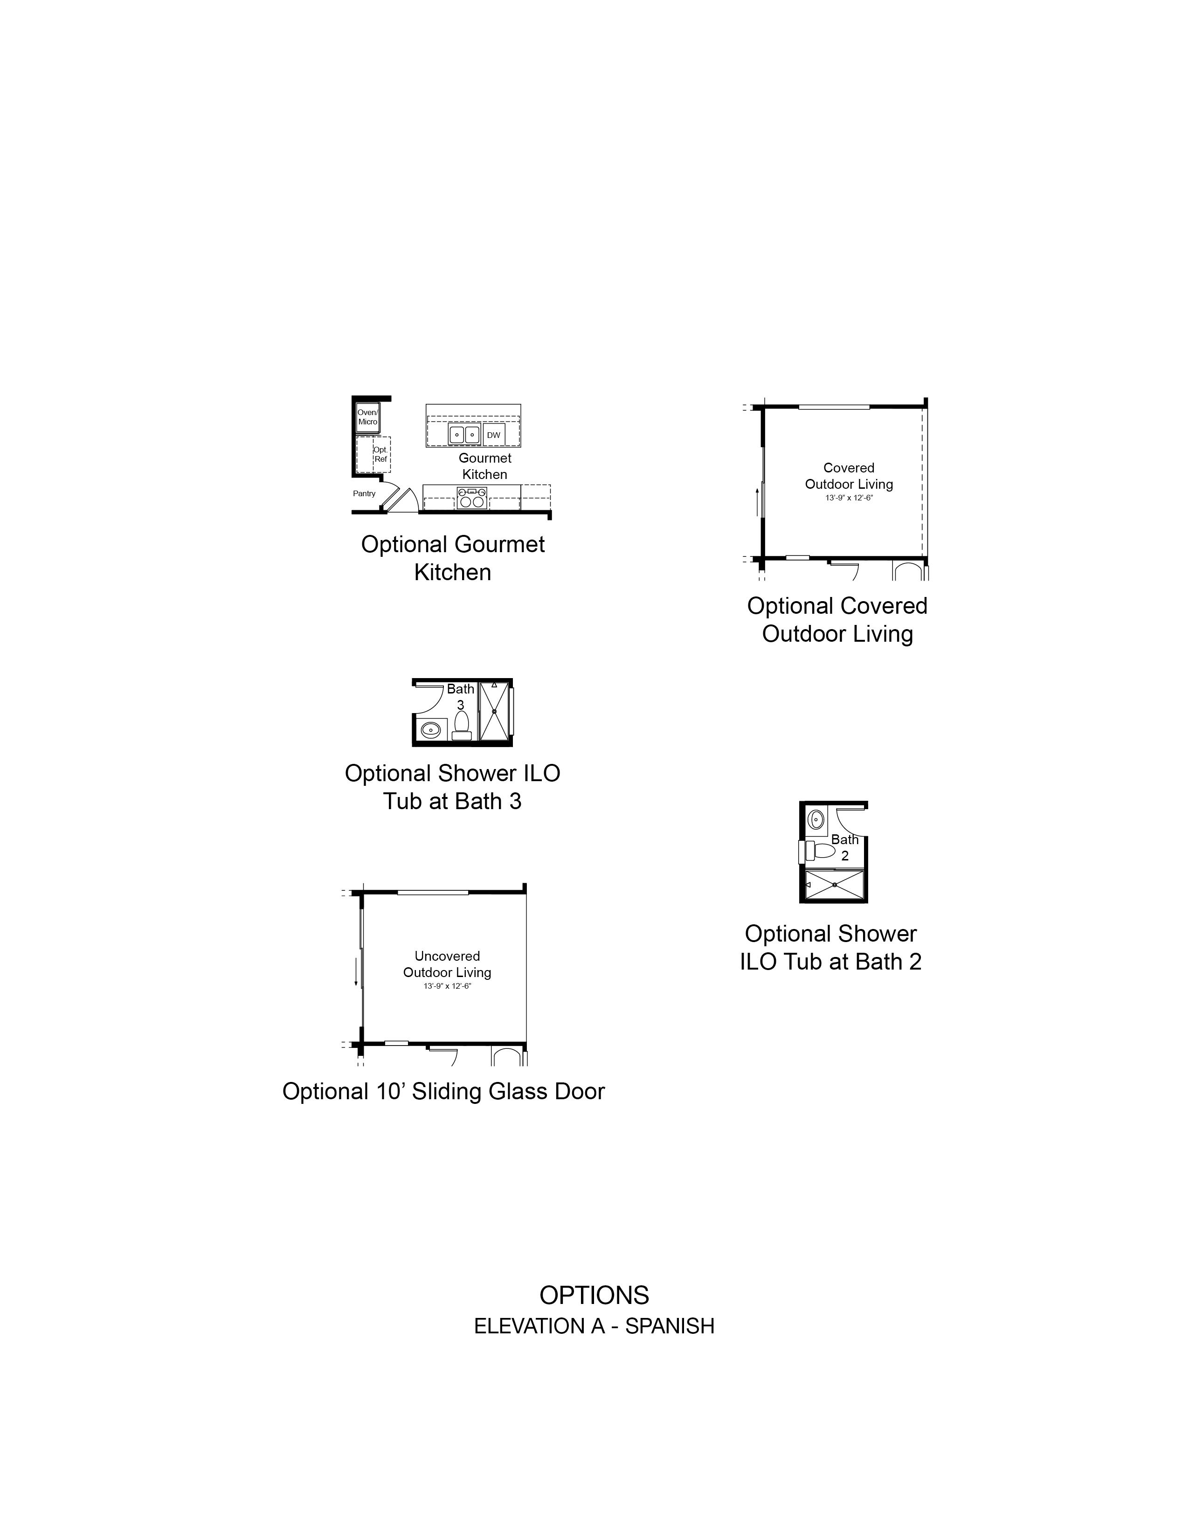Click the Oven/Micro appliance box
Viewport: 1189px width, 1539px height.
click(x=368, y=417)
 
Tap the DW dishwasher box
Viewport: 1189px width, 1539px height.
click(x=494, y=435)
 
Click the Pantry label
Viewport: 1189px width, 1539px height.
click(x=364, y=493)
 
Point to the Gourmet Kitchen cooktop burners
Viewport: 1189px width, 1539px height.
click(x=472, y=498)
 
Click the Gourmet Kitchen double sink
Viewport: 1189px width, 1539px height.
click(x=465, y=435)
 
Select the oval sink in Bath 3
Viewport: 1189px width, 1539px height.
click(x=430, y=729)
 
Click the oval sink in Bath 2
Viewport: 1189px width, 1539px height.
click(x=816, y=819)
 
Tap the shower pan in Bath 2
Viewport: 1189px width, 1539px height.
click(x=834, y=884)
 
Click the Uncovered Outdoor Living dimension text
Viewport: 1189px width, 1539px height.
click(x=447, y=986)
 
